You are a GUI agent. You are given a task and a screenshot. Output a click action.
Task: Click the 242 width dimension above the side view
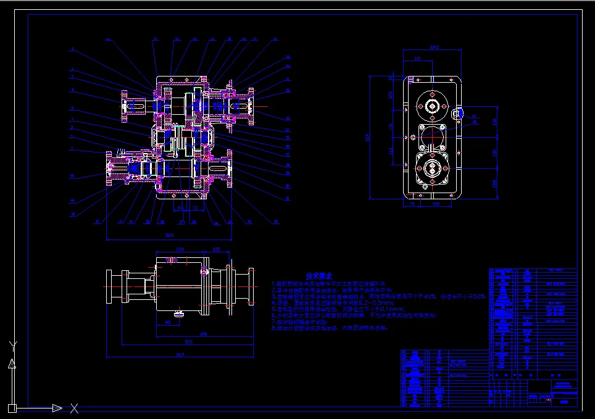(434, 47)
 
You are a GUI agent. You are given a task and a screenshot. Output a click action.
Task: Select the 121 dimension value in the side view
(418, 59)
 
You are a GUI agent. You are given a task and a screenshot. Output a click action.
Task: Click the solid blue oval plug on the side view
(458, 114)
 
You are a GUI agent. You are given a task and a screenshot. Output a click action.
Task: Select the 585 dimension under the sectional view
(169, 235)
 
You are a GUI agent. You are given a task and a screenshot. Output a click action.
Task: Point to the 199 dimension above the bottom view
(180, 249)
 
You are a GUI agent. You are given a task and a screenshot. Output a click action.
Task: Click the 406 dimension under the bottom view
(203, 333)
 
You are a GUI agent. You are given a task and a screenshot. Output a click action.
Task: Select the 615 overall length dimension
(180, 355)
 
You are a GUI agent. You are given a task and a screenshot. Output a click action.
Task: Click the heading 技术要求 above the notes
(319, 276)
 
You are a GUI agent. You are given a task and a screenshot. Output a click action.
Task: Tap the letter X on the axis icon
(74, 408)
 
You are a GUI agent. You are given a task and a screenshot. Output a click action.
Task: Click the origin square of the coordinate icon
(11, 407)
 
